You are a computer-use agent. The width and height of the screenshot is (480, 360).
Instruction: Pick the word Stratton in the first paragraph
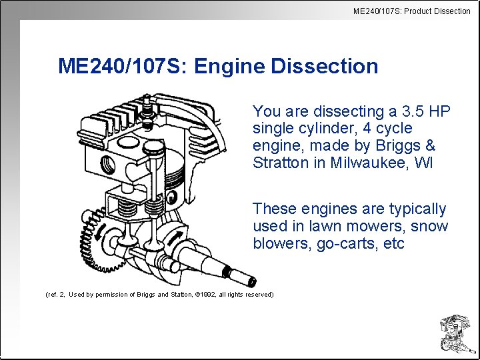coord(280,163)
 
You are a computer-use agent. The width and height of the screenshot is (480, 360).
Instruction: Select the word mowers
coord(359,227)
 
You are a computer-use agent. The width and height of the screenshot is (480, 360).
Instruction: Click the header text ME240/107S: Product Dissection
coord(411,11)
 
